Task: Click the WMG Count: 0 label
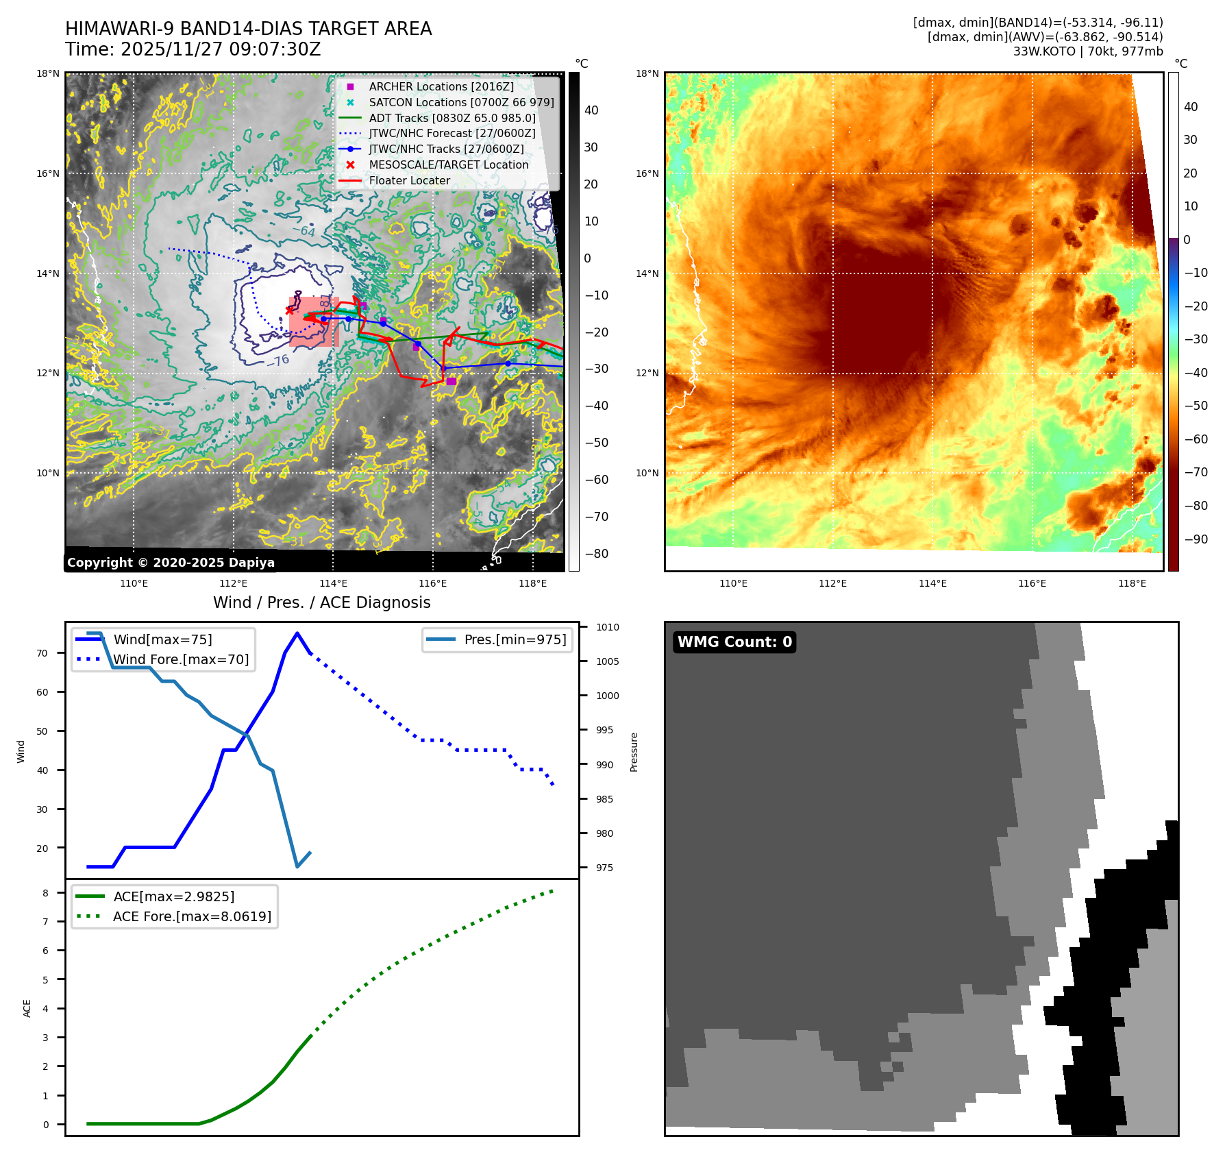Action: (x=734, y=642)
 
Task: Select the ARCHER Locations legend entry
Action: (x=441, y=86)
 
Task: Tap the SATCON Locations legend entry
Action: (x=461, y=102)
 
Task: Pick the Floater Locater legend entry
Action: (x=409, y=180)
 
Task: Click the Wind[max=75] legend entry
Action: (x=162, y=639)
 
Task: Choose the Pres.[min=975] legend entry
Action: (x=515, y=639)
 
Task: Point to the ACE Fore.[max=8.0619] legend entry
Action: (x=192, y=916)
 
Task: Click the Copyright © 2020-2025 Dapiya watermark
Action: (x=171, y=563)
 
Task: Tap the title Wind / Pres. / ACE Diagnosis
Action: (x=322, y=602)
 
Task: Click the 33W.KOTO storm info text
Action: (x=1088, y=51)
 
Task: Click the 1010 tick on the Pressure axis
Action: (x=607, y=627)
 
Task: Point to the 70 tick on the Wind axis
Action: (x=42, y=653)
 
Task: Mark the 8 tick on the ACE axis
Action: (x=45, y=893)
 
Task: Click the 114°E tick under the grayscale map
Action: (x=333, y=583)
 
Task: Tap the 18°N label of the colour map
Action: (x=647, y=73)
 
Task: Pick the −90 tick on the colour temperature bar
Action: (x=1196, y=539)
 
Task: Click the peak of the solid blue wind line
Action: (x=297, y=633)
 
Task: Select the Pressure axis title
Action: (x=634, y=752)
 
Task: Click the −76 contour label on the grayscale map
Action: (x=279, y=360)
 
